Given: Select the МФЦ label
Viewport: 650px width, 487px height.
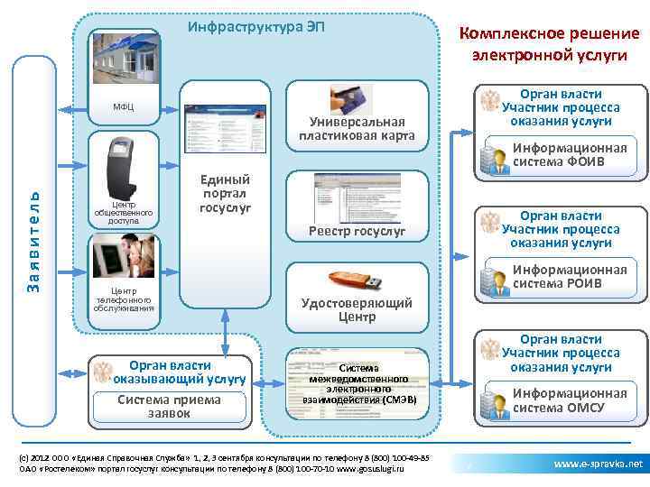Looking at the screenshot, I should [x=125, y=107].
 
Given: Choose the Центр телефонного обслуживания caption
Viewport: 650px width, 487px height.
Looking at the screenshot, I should [x=124, y=299].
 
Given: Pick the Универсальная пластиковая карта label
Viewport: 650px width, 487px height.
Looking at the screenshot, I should [x=357, y=128].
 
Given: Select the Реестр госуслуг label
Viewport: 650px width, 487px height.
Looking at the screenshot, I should [x=357, y=232].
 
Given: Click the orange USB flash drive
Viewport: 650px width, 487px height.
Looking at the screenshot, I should [x=357, y=280].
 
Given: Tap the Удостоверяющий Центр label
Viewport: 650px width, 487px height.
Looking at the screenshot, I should [x=357, y=309].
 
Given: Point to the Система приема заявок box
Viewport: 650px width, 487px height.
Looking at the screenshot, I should [x=170, y=407].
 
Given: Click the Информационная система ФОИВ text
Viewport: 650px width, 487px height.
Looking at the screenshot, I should [x=569, y=155].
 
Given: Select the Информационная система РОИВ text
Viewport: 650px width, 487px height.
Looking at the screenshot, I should [x=569, y=277].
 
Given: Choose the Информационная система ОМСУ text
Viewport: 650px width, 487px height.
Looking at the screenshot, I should [x=569, y=400].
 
